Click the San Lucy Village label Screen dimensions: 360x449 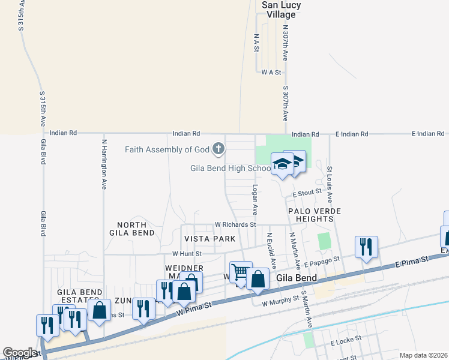pos(281,10)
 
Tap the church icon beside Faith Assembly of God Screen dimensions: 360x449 pos(219,148)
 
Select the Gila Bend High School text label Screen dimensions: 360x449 pos(231,168)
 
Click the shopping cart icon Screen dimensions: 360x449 pos(240,272)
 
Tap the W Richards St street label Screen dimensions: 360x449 pos(235,224)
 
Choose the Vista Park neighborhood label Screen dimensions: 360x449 pos(209,239)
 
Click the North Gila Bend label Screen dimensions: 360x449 pos(132,228)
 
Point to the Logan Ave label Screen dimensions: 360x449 pos(255,200)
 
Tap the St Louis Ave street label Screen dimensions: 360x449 pos(330,180)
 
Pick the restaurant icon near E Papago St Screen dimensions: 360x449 pos(366,246)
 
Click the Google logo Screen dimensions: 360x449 pos(20,353)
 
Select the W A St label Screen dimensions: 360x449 pos(271,72)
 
